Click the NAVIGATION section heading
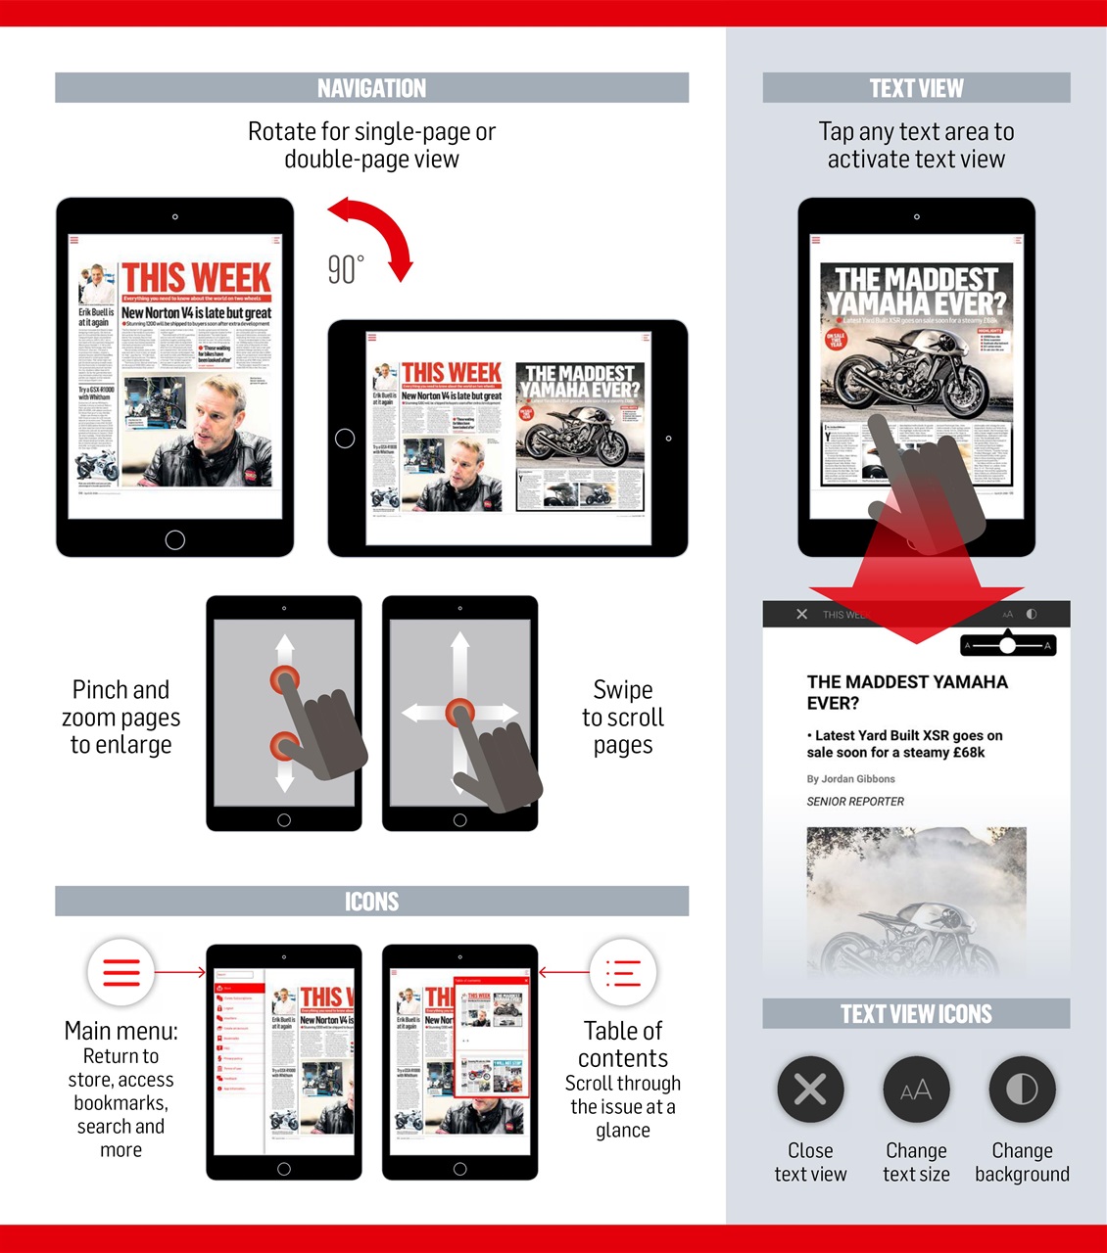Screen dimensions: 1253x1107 (x=371, y=88)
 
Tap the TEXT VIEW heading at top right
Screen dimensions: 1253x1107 (x=916, y=88)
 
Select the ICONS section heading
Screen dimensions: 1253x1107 (x=371, y=901)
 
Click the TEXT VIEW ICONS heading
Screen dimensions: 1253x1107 (x=916, y=1014)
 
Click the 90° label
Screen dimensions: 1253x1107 (x=345, y=269)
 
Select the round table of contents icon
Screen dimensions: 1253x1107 (x=623, y=973)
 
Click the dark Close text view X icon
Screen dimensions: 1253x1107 (x=810, y=1089)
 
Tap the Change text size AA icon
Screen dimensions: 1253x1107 (x=916, y=1089)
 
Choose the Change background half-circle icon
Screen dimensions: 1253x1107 (x=1022, y=1089)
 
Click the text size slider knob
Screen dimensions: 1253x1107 (x=1007, y=645)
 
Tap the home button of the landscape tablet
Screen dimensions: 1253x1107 (x=345, y=439)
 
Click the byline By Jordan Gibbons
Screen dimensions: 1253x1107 (x=850, y=779)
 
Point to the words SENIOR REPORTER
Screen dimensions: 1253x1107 (x=855, y=801)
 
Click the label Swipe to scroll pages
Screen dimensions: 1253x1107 (x=623, y=718)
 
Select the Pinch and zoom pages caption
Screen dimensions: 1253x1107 (x=120, y=718)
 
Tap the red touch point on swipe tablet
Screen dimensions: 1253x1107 (x=459, y=712)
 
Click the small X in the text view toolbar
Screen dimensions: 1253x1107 (x=801, y=614)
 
